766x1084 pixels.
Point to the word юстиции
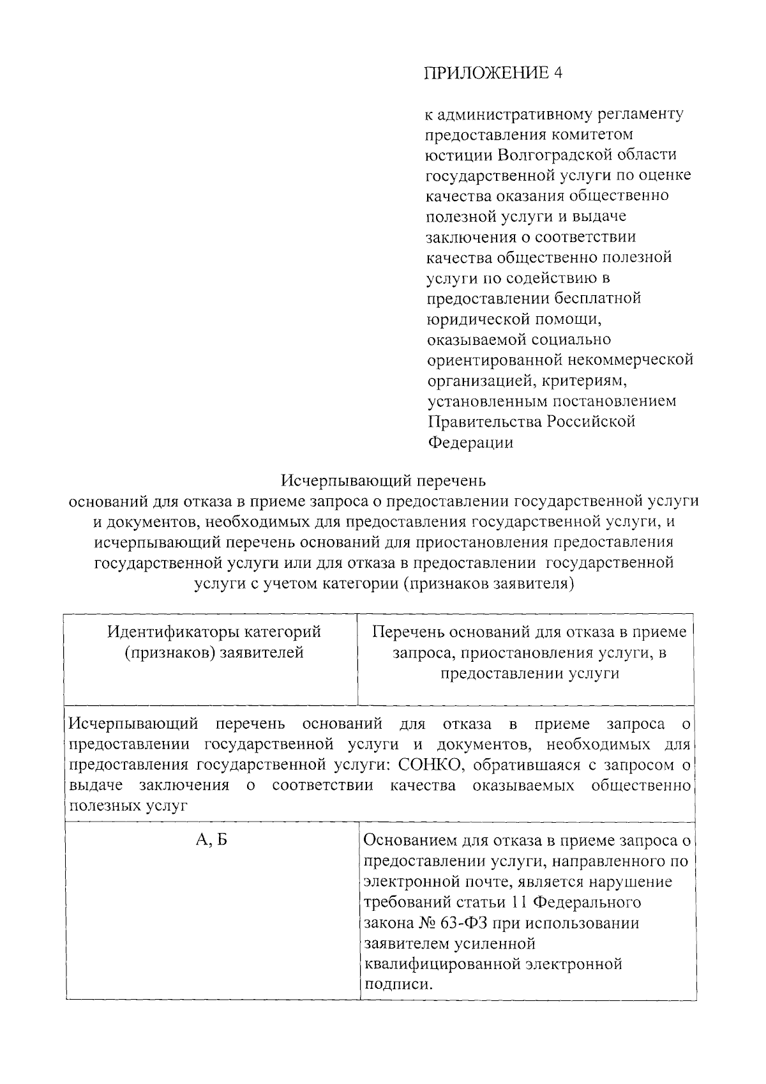[x=458, y=155]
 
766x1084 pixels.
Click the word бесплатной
[x=597, y=298]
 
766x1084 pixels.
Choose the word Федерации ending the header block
[x=470, y=443]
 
